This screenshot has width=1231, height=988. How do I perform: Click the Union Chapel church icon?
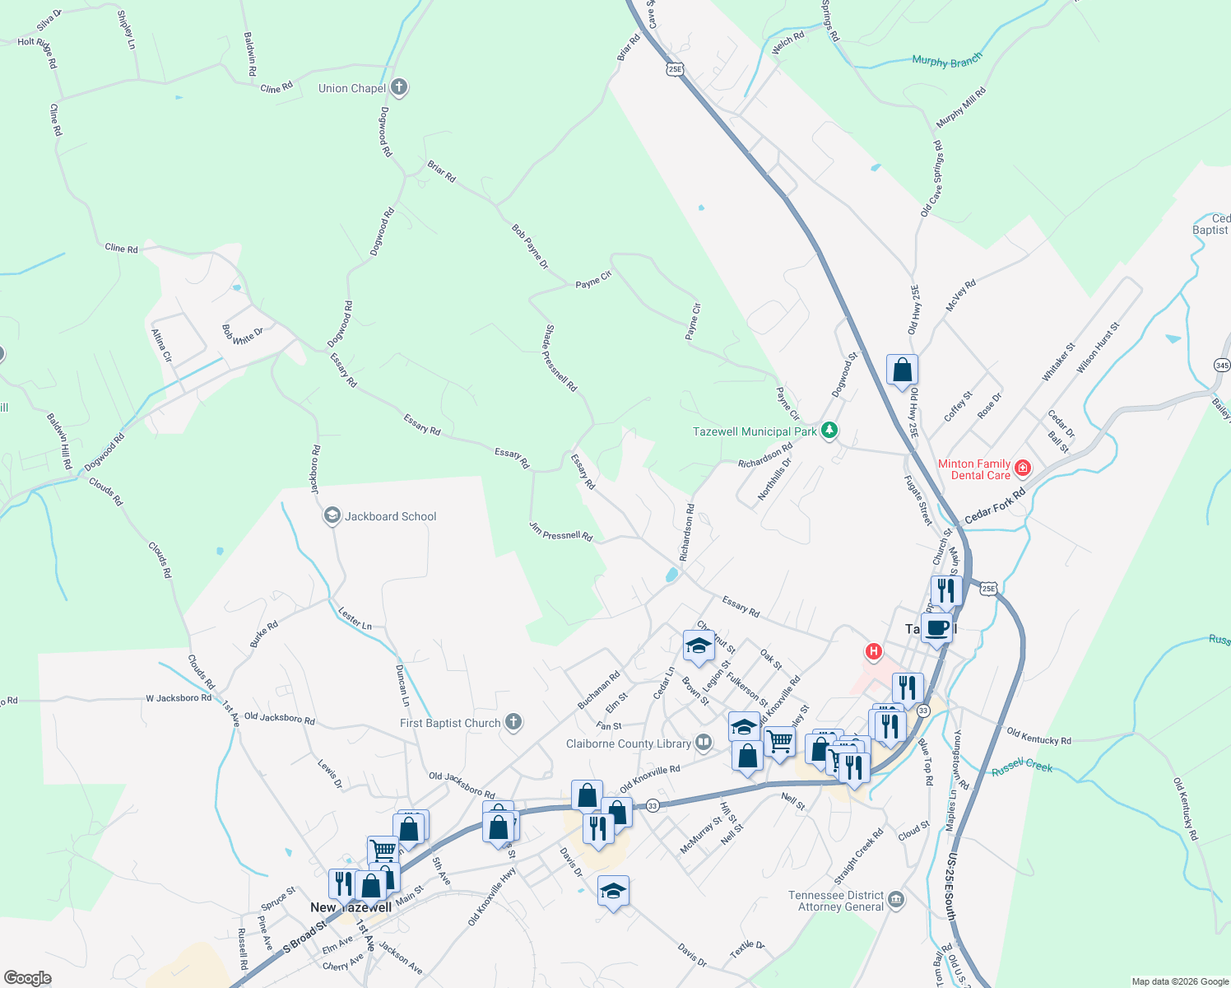point(399,87)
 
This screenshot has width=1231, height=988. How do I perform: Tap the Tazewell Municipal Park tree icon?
point(829,431)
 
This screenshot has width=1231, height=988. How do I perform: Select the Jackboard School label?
point(390,516)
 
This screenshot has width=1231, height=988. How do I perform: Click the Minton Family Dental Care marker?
point(1023,468)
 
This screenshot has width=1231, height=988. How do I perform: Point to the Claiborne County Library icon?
point(704,743)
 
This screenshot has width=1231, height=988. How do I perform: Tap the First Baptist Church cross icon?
point(513,722)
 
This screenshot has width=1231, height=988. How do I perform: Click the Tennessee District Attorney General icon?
point(896,900)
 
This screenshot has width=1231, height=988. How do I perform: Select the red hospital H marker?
point(873,652)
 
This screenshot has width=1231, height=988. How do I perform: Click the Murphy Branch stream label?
point(946,60)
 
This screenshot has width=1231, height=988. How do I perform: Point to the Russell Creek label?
point(1022,767)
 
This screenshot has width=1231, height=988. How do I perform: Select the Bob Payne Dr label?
point(530,246)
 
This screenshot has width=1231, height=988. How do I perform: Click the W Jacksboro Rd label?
point(179,698)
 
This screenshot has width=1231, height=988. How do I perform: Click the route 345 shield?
point(1222,364)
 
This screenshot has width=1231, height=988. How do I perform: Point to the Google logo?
point(27,978)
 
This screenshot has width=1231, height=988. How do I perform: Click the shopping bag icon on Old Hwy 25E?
point(902,370)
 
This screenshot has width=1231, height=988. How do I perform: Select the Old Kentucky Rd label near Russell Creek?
point(1038,735)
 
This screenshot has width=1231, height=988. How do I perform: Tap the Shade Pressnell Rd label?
point(561,357)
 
